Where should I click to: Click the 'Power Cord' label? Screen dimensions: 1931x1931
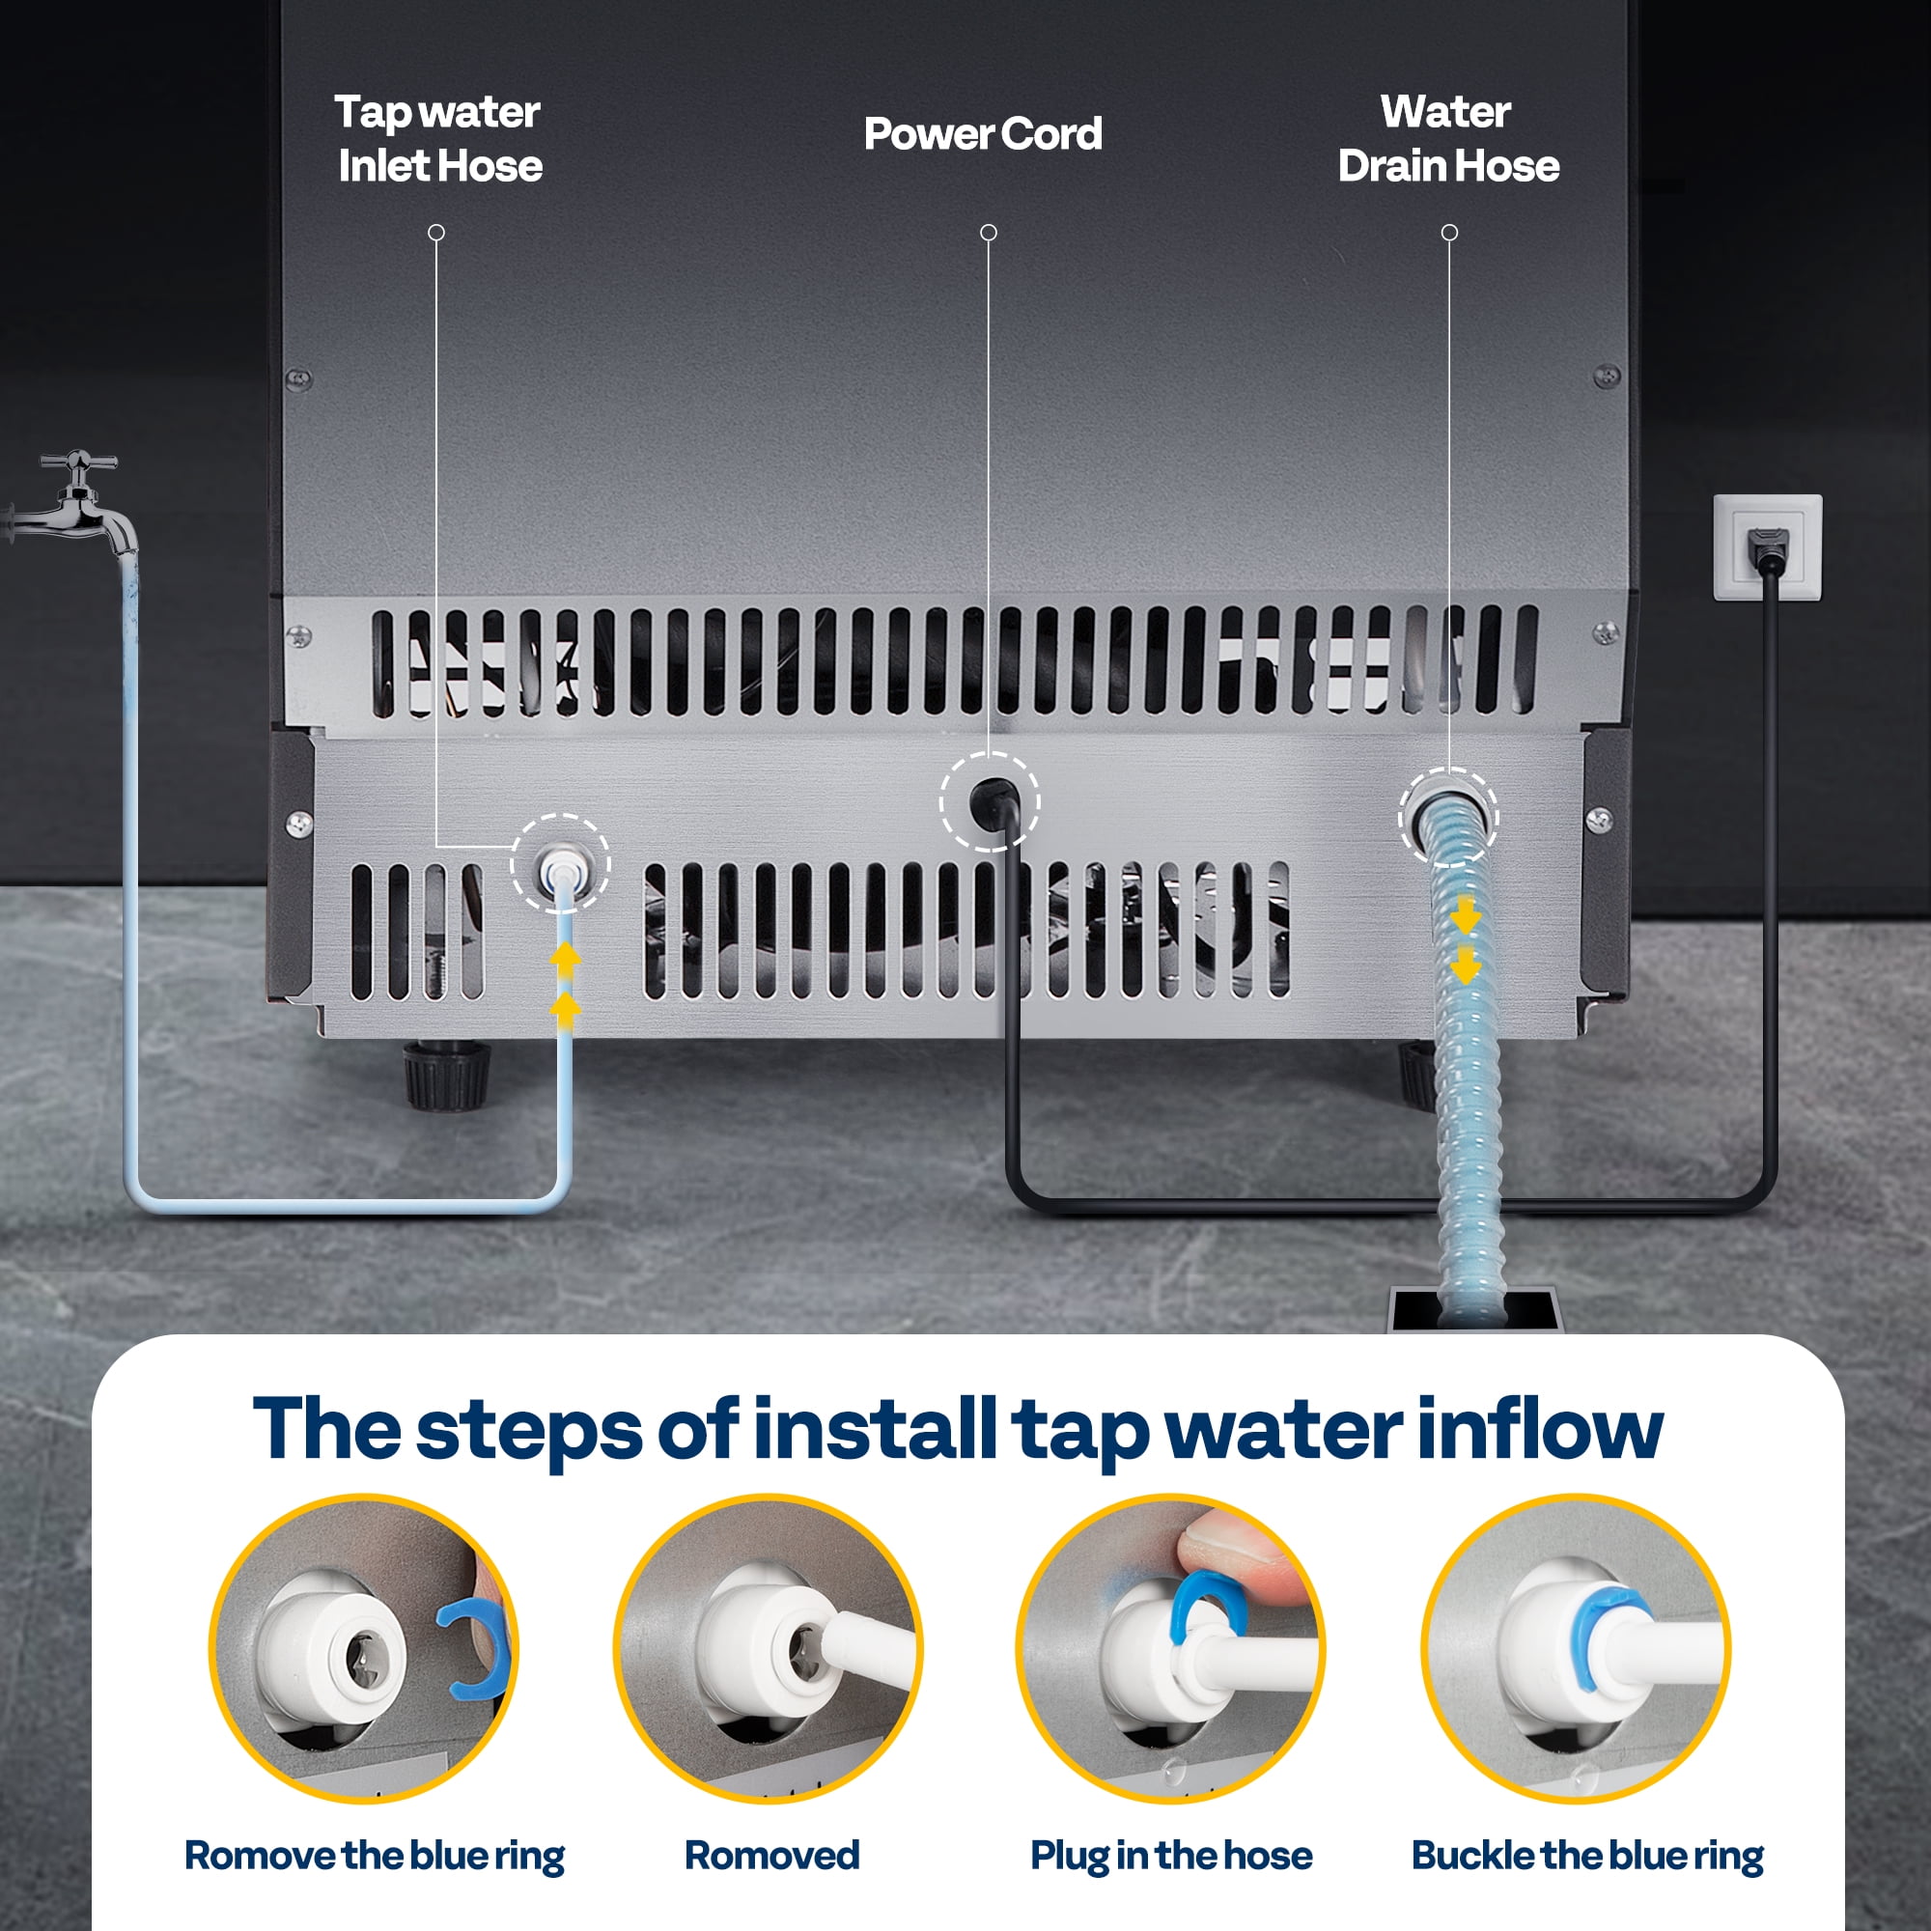coord(983,134)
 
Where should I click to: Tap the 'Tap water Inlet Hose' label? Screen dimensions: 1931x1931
coord(438,139)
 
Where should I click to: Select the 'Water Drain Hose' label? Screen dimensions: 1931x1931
coord(1448,139)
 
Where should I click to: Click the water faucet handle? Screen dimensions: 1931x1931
coord(78,462)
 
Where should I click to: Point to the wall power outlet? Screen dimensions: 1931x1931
coord(1767,546)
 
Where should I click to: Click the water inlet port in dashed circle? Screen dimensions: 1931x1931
coord(560,863)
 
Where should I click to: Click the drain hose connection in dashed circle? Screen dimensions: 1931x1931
coord(1447,817)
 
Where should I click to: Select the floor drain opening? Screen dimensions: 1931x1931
coord(1475,1309)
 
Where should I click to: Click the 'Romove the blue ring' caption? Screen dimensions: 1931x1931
coord(375,1855)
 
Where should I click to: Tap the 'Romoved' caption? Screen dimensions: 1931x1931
coord(771,1855)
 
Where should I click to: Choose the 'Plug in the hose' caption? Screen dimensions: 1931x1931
coord(1171,1855)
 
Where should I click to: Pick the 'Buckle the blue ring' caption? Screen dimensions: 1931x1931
coord(1587,1855)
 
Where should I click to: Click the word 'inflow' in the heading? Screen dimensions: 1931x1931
coord(1540,1429)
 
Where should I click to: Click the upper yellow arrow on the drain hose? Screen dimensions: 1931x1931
coord(1466,913)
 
